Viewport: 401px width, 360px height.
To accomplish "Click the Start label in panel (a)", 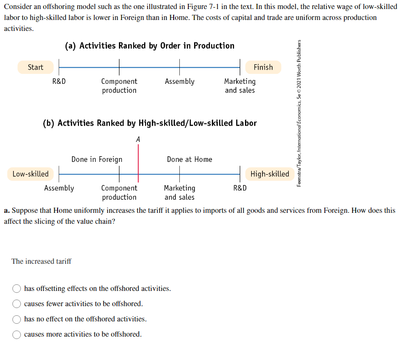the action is coord(35,67).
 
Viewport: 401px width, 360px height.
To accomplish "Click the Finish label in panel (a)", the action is coord(263,67).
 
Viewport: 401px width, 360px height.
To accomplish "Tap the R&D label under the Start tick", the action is coord(59,81).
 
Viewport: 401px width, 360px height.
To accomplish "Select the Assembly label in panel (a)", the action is coord(179,81).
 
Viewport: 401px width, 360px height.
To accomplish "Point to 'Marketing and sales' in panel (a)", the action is coord(240,86).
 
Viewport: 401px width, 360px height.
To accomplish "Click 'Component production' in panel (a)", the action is coord(119,86).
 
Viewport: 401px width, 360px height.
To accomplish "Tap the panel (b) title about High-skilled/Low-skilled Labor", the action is coord(150,123).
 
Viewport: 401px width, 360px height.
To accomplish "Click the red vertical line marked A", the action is coord(138,162).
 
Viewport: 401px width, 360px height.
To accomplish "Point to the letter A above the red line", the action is coord(138,140).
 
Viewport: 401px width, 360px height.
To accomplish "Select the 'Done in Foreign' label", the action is coord(97,159).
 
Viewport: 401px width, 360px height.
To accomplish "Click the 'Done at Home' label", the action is coord(189,159).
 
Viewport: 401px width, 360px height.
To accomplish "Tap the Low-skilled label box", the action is coord(30,174).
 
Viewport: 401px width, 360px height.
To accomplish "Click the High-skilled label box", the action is coord(270,174).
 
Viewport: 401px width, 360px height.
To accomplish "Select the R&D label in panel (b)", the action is coord(240,188).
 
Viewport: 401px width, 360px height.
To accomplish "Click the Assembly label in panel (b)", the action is coord(59,188).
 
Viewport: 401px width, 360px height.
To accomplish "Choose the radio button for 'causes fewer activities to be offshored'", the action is coord(17,304).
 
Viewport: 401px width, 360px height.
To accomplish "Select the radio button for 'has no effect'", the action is coord(17,319).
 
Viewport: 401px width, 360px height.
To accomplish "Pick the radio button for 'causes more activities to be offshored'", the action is coord(17,334).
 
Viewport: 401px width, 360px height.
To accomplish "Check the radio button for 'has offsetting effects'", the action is coord(17,289).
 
